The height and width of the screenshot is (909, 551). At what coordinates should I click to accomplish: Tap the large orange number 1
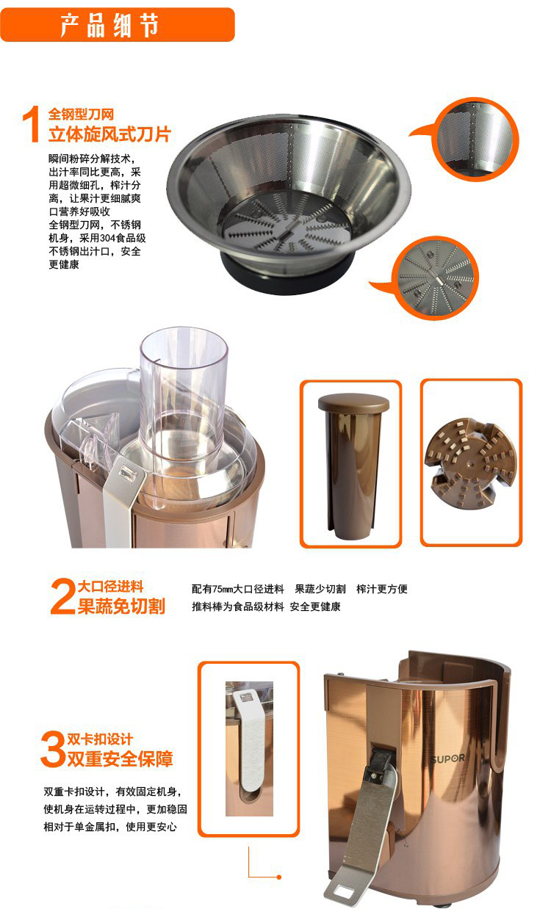32,124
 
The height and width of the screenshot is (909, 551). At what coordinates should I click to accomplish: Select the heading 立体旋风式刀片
109,134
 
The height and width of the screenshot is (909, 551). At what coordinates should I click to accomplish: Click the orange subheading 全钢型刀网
81,115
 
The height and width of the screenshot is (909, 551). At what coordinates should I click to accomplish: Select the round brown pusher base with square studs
471,463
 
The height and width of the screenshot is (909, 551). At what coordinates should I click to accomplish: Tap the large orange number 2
62,596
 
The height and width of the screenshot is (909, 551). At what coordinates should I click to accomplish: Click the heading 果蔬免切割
121,606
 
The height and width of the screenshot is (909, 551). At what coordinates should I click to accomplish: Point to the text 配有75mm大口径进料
238,589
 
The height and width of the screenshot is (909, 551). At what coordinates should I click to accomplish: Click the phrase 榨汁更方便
382,589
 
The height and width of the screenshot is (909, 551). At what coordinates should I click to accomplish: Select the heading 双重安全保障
120,759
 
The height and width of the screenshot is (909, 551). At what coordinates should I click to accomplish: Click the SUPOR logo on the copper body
447,758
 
